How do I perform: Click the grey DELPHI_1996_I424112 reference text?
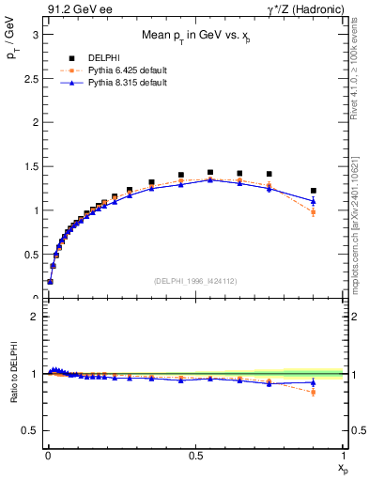(x=196, y=281)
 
